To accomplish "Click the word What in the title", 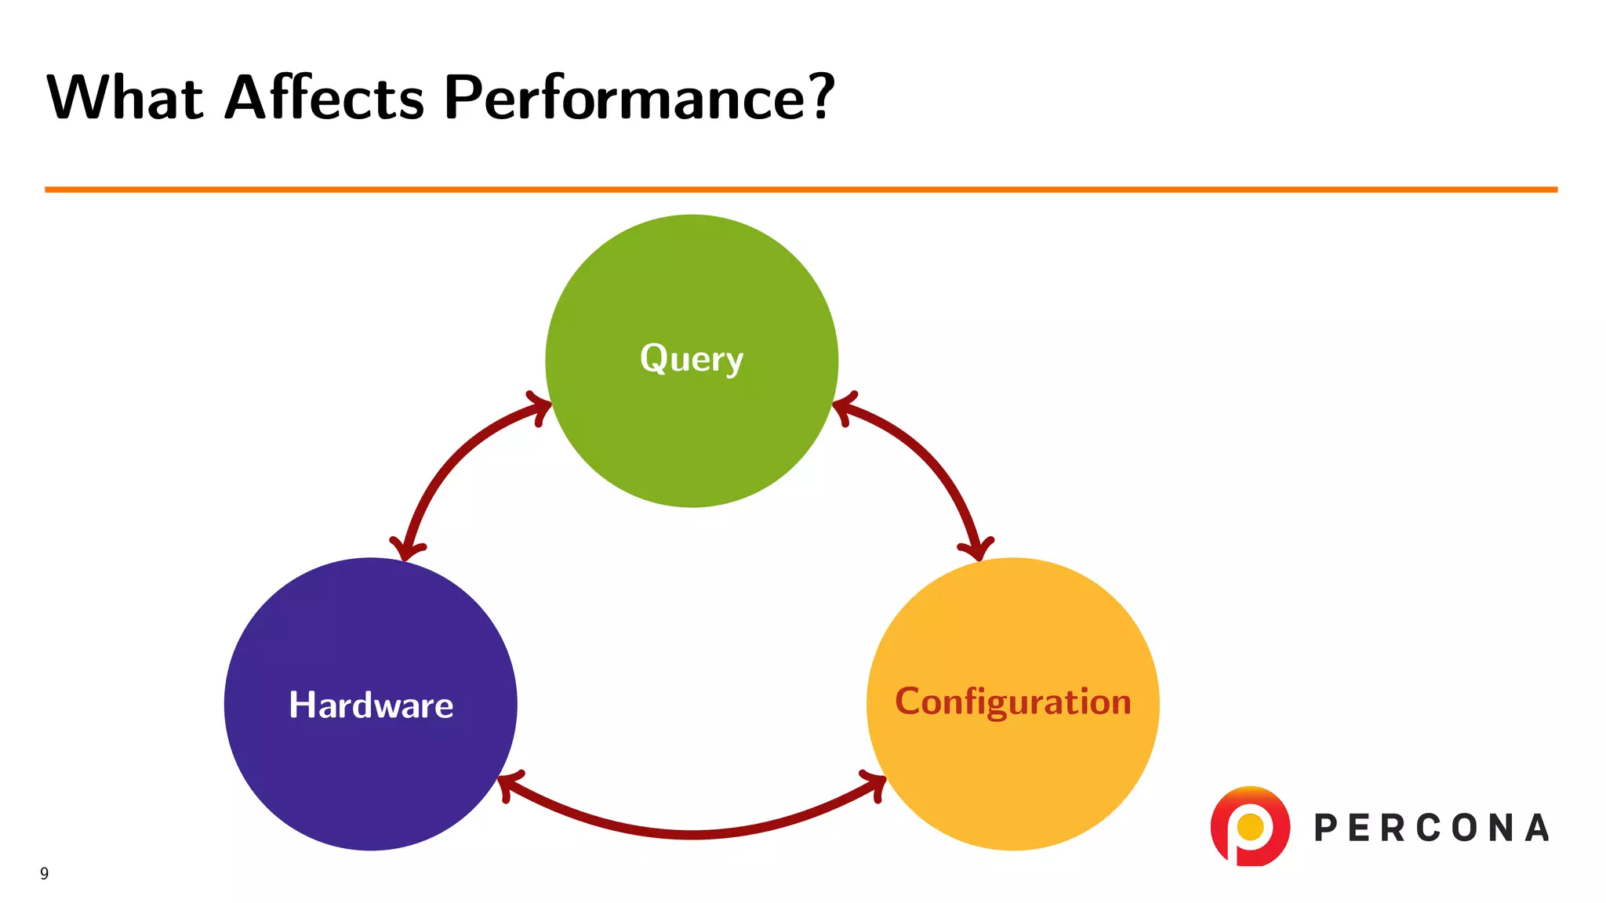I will (125, 98).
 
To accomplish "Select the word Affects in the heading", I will (324, 98).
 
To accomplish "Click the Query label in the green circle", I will (692, 359).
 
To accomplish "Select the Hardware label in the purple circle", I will (371, 705).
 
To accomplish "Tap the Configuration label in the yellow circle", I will (1013, 702).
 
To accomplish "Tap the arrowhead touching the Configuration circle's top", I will (976, 549).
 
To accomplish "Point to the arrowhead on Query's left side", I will (540, 407).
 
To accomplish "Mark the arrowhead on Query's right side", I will (843, 408).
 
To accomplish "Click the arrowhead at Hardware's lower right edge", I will (508, 784).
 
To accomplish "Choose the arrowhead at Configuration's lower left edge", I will (875, 783).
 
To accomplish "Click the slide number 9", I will (45, 873).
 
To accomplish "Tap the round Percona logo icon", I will (1250, 826).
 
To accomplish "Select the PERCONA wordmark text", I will (1432, 829).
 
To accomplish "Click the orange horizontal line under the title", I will (800, 190).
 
